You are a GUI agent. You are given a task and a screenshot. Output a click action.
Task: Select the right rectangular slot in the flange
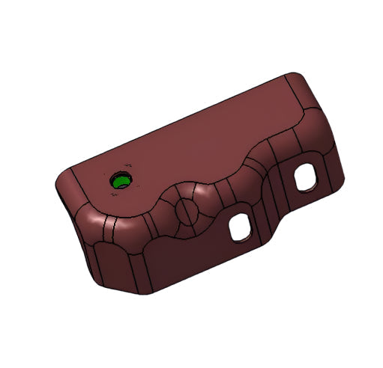click(x=307, y=177)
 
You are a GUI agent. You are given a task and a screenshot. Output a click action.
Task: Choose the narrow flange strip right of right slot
click(x=330, y=172)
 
